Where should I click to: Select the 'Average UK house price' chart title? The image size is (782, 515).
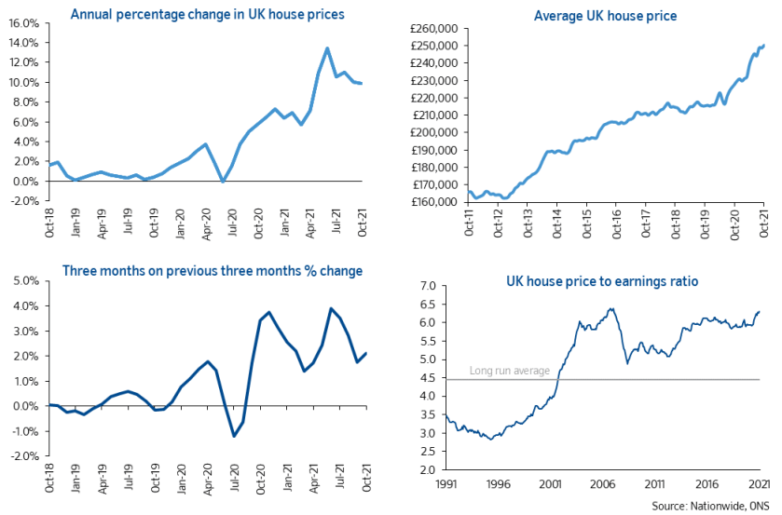coord(605,15)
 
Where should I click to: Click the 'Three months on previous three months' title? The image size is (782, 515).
coord(213,271)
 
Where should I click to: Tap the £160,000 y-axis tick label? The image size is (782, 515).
coord(432,202)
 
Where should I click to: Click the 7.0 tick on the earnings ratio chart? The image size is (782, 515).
coord(427,286)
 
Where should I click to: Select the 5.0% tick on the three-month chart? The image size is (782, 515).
coord(23,280)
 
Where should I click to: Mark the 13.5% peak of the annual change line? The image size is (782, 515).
coord(327,48)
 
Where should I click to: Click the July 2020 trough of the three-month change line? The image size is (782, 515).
coord(235,436)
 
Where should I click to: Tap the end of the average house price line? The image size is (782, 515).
coord(763,44)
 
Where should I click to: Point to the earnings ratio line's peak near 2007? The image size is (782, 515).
coord(611,309)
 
